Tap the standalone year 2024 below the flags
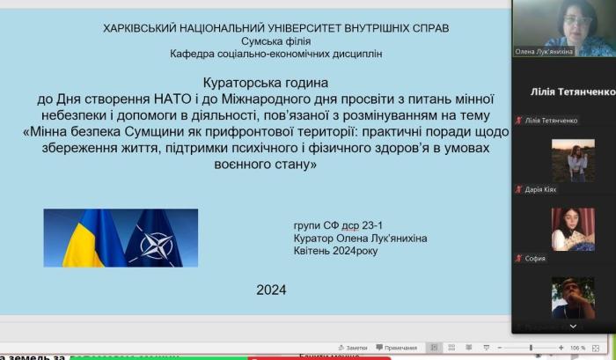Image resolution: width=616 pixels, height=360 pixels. (x=271, y=289)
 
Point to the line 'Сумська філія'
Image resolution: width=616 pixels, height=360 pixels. (x=276, y=41)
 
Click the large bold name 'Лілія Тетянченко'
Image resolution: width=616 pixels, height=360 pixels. (x=570, y=92)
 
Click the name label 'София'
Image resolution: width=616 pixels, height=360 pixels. (x=536, y=259)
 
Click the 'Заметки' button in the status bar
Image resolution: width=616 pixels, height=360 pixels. (x=356, y=349)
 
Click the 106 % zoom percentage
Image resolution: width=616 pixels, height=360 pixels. (x=577, y=349)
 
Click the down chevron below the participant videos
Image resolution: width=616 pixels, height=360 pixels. (x=573, y=326)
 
